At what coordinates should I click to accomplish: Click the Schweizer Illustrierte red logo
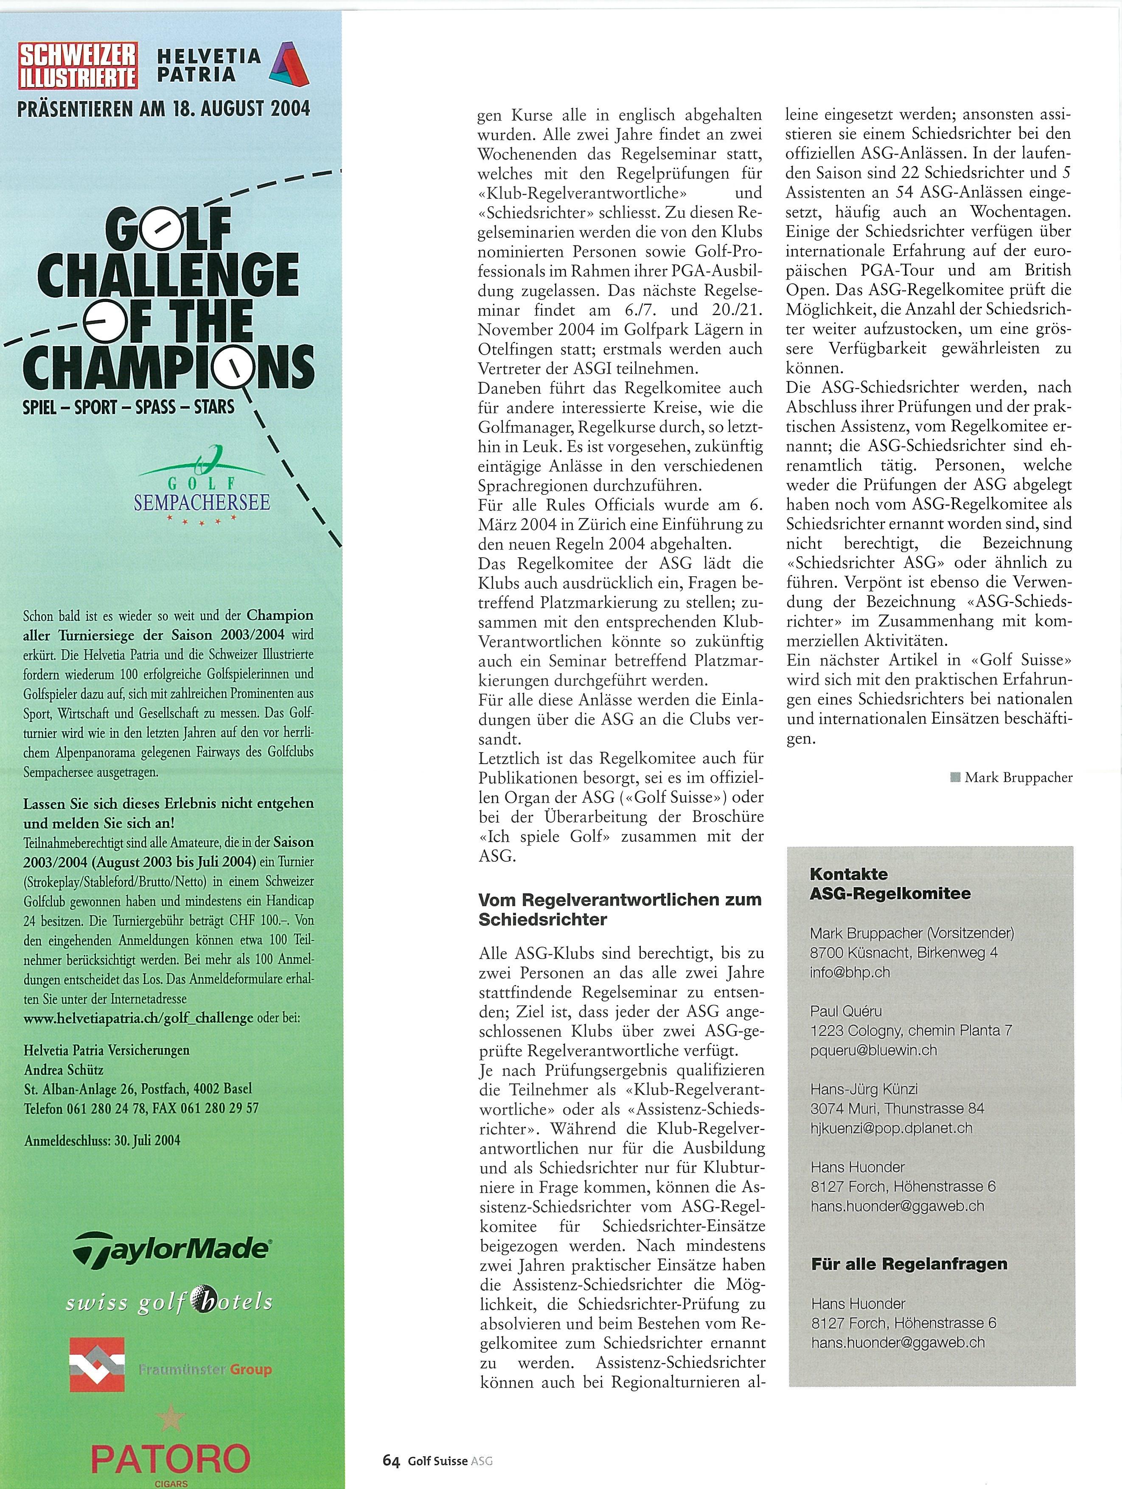[x=78, y=65]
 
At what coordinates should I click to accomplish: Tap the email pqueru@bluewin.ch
[x=873, y=1050]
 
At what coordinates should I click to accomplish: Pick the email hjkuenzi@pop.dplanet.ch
[x=891, y=1128]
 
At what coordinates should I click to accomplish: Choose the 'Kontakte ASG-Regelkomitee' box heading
[x=889, y=884]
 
